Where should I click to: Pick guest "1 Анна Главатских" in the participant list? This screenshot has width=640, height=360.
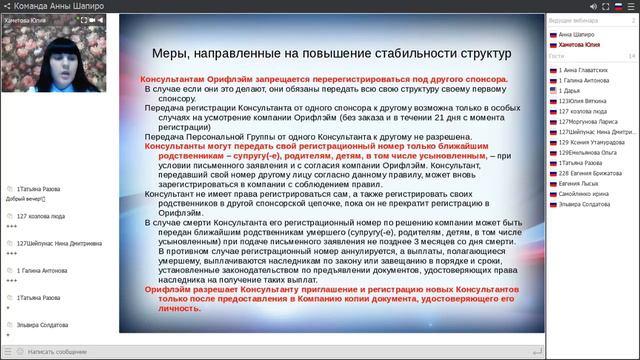[x=585, y=71]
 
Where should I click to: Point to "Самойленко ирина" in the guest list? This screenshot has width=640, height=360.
[x=585, y=192]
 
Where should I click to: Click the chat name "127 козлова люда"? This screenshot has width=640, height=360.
[x=42, y=215]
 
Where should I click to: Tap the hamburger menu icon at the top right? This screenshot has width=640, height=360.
[x=631, y=5]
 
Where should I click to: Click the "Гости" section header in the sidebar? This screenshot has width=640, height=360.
[x=556, y=57]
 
